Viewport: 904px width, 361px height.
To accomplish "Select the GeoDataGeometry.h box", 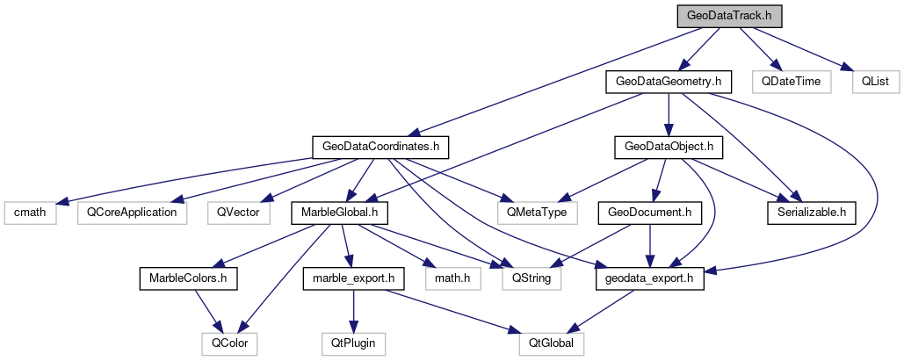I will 669,82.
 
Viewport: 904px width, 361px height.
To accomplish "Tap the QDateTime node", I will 792,82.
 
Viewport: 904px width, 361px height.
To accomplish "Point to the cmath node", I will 30,212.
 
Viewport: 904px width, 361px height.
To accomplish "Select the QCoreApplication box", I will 132,212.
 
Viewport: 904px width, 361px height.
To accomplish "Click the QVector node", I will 235,212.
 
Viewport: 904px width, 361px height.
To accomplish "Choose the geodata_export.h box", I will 650,278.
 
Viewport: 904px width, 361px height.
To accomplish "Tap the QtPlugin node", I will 353,343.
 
